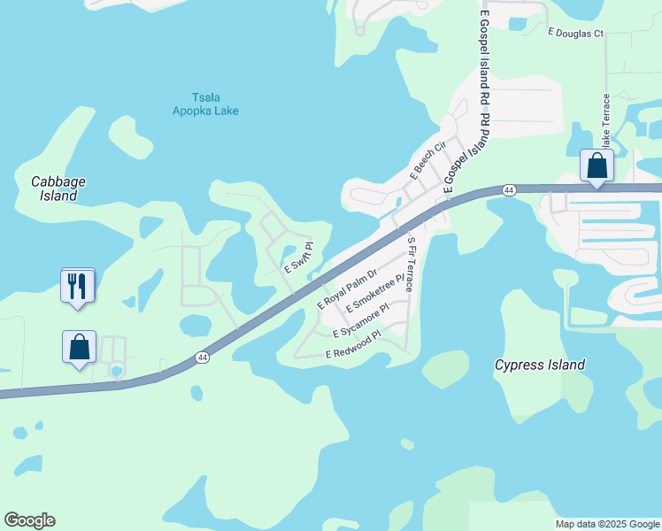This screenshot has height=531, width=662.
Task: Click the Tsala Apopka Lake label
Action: [x=204, y=104]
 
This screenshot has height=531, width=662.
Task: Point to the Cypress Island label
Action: [x=539, y=365]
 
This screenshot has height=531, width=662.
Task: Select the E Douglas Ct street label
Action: [x=575, y=34]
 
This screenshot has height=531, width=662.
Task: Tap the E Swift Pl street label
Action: [x=298, y=258]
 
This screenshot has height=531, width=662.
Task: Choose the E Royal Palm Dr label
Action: [x=347, y=289]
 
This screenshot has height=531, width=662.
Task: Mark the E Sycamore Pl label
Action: [x=360, y=321]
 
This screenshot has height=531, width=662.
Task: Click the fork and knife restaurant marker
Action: [x=78, y=286]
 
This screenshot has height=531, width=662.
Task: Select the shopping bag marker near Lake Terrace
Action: [x=597, y=165]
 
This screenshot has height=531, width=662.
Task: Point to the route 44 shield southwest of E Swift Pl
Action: [x=203, y=357]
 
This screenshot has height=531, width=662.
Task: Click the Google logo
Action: [x=29, y=520]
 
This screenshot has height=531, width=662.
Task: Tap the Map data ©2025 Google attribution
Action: [x=607, y=524]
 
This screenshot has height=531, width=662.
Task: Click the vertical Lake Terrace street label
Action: [x=606, y=120]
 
